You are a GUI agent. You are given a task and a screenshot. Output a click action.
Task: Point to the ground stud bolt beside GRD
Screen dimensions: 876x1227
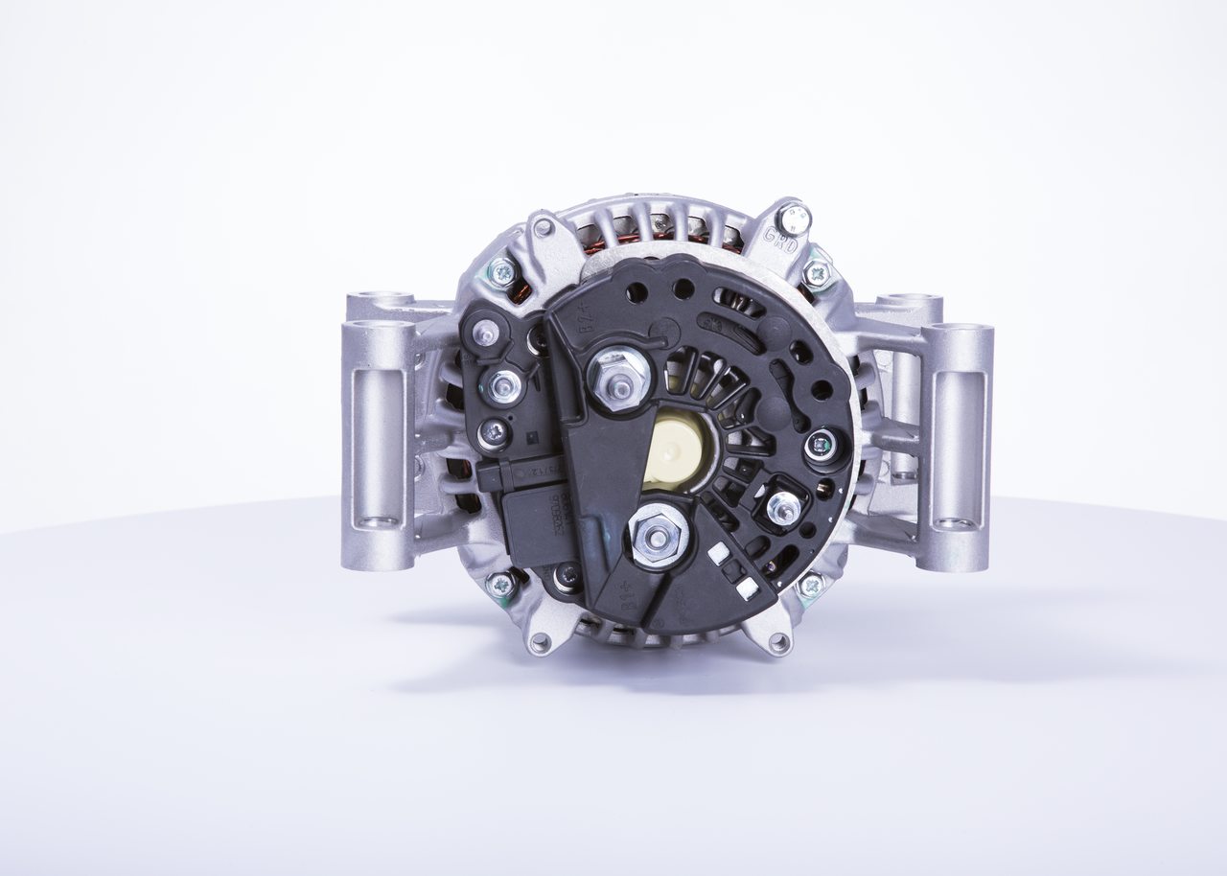point(793,219)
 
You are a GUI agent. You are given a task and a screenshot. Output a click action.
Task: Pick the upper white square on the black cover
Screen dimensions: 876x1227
point(718,553)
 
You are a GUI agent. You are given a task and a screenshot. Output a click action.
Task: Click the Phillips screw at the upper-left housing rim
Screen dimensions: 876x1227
point(501,272)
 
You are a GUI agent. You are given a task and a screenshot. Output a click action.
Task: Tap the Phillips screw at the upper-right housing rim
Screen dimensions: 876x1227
point(817,275)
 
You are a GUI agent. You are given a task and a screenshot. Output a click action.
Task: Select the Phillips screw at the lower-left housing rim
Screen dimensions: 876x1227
point(501,583)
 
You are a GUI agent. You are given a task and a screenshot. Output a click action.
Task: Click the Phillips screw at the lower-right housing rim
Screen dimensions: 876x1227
point(811,584)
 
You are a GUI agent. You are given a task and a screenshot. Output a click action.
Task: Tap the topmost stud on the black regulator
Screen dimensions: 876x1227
point(486,333)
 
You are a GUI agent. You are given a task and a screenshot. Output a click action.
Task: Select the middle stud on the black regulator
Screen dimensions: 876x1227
point(503,385)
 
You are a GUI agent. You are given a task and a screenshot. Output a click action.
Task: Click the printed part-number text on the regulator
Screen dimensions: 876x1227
point(559,507)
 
